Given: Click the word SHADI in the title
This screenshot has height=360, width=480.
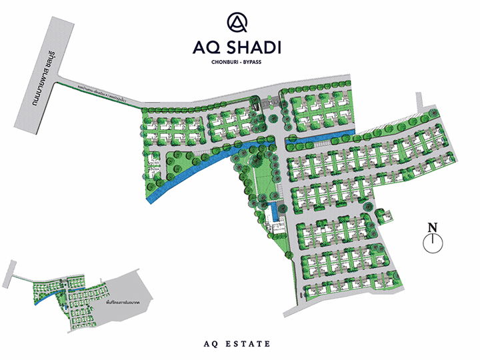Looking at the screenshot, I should [x=261, y=48].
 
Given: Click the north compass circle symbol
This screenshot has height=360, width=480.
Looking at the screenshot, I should [x=433, y=243].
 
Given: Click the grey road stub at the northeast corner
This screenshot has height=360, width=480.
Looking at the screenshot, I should [x=419, y=103].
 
